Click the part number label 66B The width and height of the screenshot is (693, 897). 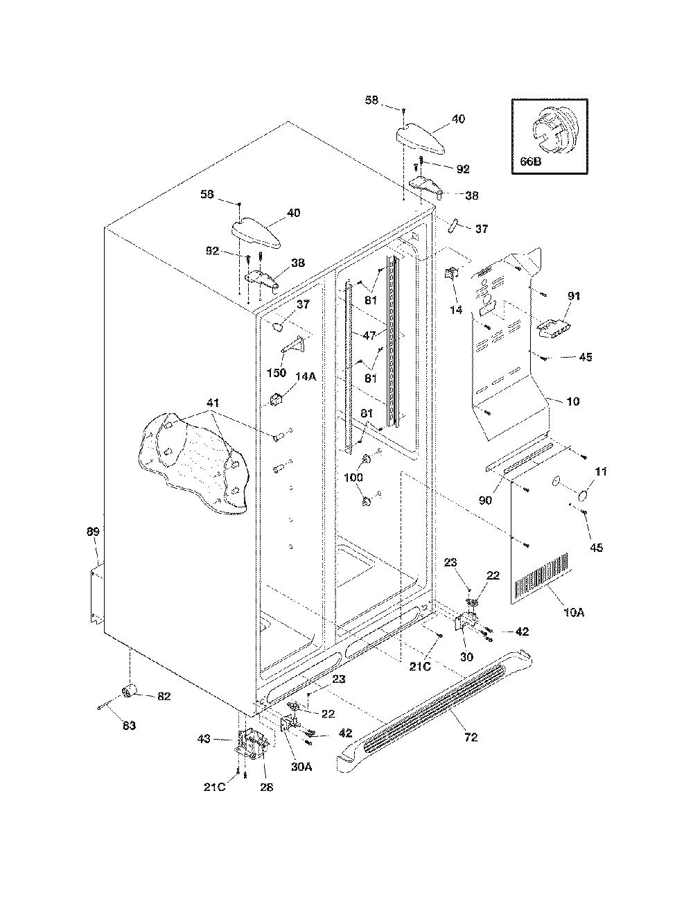point(530,161)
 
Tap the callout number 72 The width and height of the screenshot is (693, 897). point(471,737)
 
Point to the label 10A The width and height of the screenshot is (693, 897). point(574,613)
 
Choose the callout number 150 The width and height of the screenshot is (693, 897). point(277,372)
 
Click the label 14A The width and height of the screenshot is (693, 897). point(306,376)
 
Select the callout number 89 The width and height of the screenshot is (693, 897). point(94,531)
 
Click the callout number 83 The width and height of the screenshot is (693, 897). point(129,725)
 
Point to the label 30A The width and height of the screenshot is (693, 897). point(301,767)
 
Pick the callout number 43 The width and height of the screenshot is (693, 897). point(204,738)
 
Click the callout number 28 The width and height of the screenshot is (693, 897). point(267,787)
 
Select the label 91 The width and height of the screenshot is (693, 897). point(574,296)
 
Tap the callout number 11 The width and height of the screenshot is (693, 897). point(601,471)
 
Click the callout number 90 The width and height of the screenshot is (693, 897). point(485,500)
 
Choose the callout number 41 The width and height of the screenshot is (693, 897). point(213,403)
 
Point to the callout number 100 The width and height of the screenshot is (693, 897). point(353,478)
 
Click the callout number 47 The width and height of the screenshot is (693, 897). point(369,336)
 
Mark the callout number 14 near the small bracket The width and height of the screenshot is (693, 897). point(456,310)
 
